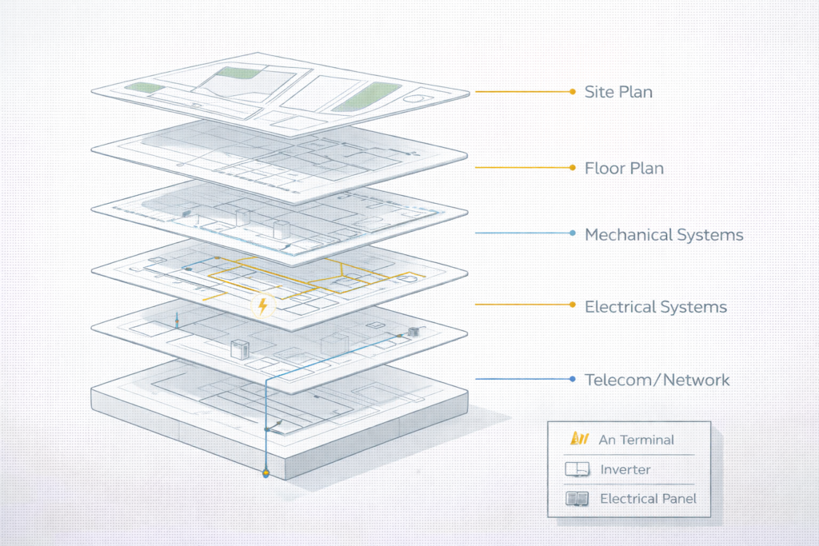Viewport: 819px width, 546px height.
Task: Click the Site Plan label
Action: coord(618,92)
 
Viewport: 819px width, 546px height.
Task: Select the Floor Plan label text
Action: coord(624,168)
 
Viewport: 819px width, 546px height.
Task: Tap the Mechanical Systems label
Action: coord(664,235)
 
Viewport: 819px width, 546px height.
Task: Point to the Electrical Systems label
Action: coord(656,306)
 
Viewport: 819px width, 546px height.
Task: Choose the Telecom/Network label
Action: coord(657,379)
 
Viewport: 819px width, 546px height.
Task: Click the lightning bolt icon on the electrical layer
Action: coord(262,305)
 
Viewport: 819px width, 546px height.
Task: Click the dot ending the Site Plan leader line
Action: coord(573,92)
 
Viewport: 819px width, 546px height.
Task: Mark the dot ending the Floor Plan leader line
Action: coord(573,168)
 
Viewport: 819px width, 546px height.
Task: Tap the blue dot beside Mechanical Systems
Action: coord(573,233)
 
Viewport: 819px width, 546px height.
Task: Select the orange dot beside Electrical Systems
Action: coord(573,305)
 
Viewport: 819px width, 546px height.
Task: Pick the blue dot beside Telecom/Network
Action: coord(573,378)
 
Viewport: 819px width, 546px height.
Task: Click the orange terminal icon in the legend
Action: coord(577,439)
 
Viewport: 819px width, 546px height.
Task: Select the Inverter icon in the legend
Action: coord(577,469)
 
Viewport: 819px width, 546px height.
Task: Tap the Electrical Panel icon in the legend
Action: coord(577,499)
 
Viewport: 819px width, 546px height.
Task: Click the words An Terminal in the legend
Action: coord(636,440)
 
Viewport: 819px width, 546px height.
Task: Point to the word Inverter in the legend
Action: coord(625,469)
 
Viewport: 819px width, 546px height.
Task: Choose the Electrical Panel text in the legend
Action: coord(648,499)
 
